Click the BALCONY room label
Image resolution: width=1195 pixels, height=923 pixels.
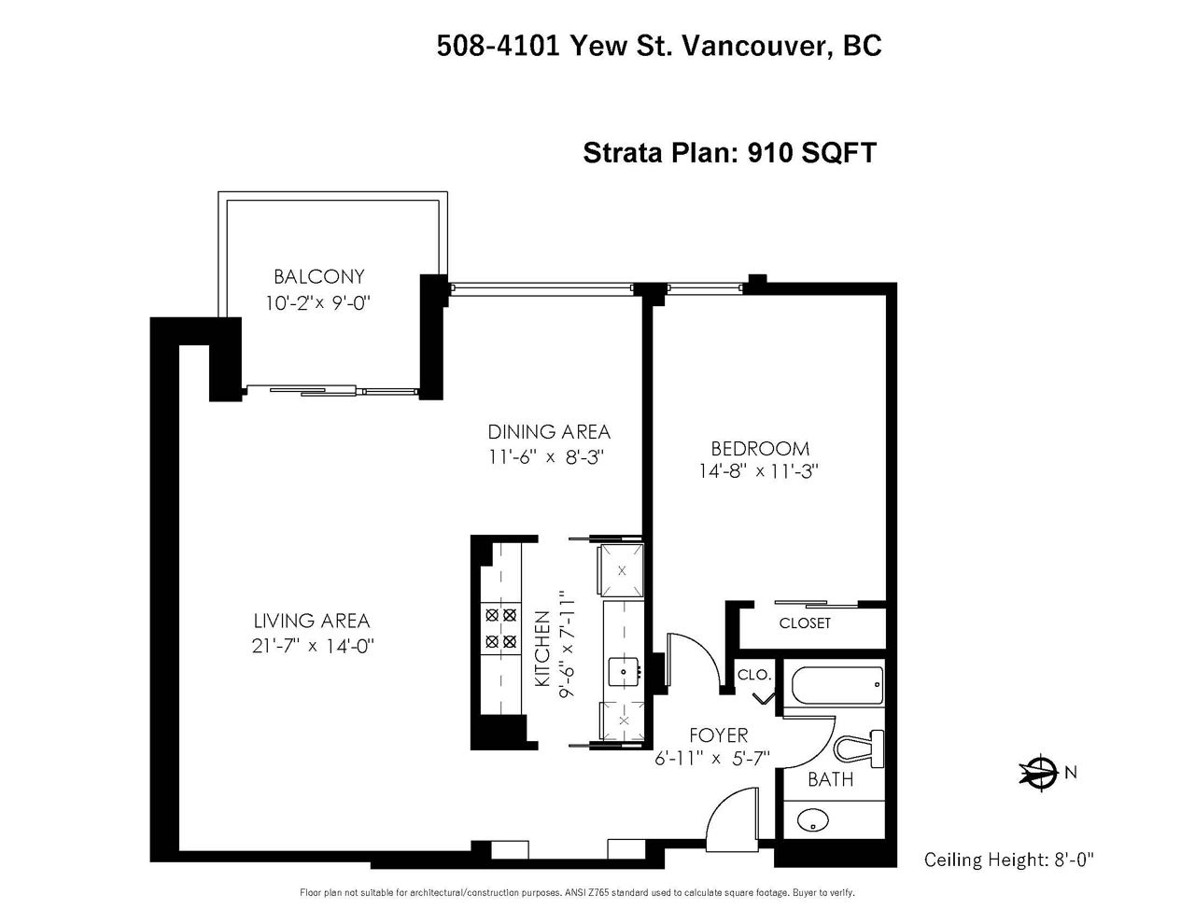319,276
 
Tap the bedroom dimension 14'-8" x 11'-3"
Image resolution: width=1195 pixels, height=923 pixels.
759,471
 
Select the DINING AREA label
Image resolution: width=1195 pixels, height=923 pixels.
549,432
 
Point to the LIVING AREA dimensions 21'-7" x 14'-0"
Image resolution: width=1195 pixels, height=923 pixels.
313,646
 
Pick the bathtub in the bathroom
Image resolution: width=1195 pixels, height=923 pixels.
837,685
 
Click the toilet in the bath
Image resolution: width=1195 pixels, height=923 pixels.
859,748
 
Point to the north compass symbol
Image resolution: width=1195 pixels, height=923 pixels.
1038,774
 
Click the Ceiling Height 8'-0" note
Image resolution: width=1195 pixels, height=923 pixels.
1008,860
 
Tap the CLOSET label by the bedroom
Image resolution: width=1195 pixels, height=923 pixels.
805,622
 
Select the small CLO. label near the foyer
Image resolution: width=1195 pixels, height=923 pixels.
754,675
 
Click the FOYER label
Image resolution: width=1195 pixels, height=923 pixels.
719,735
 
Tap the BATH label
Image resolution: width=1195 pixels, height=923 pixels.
830,779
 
